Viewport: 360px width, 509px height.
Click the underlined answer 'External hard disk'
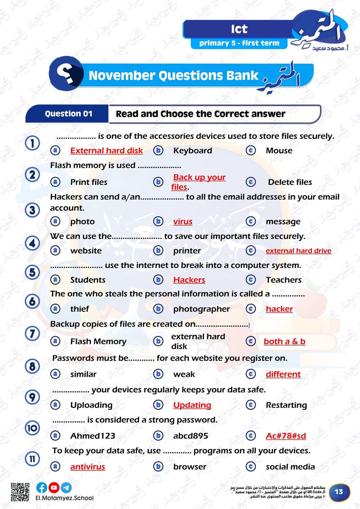pyautogui.click(x=106, y=151)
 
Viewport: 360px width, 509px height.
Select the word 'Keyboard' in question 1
pyautogui.click(x=192, y=151)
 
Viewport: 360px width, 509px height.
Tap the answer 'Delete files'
pyautogui.click(x=290, y=182)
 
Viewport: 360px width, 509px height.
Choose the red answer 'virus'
pyautogui.click(x=183, y=222)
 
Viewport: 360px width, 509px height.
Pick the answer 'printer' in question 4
pyautogui.click(x=187, y=251)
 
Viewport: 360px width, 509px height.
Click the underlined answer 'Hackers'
pyautogui.click(x=189, y=280)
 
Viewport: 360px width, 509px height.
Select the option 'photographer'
pyautogui.click(x=201, y=309)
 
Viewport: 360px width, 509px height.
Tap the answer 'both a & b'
pyautogui.click(x=284, y=341)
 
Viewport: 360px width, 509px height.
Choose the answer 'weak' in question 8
pyautogui.click(x=184, y=374)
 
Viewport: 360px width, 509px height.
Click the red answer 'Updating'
pyautogui.click(x=192, y=405)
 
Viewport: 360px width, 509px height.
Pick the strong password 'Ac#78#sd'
pyautogui.click(x=286, y=436)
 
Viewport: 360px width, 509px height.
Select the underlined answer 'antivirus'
pyautogui.click(x=88, y=467)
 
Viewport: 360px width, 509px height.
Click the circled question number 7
pyautogui.click(x=32, y=333)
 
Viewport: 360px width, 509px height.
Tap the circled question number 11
pyautogui.click(x=32, y=459)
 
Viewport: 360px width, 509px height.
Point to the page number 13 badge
pyautogui.click(x=339, y=492)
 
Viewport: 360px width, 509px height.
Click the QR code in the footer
pyautogui.click(x=20, y=492)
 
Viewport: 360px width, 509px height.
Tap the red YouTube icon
pyautogui.click(x=54, y=488)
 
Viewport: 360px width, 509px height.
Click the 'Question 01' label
pyautogui.click(x=68, y=114)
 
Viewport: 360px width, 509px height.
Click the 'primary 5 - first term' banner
pyautogui.click(x=239, y=43)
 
